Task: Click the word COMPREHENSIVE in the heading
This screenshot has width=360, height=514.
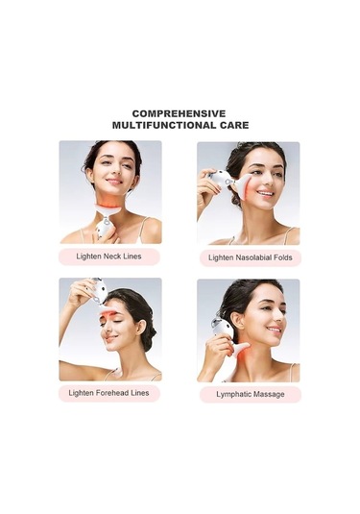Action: [x=179, y=113]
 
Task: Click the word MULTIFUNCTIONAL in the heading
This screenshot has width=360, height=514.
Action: [x=161, y=125]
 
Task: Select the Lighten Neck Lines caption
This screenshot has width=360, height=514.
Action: [x=108, y=257]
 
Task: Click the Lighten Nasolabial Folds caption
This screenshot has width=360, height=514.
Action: [x=251, y=257]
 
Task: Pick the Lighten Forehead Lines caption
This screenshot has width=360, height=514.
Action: [x=108, y=393]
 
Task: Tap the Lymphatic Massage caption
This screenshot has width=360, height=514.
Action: [x=251, y=394]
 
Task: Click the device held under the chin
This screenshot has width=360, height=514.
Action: [x=106, y=220]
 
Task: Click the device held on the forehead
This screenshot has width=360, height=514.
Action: [x=98, y=292]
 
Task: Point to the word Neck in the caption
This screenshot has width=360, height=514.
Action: [x=112, y=257]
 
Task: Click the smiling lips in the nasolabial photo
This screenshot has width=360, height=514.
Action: [x=265, y=193]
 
